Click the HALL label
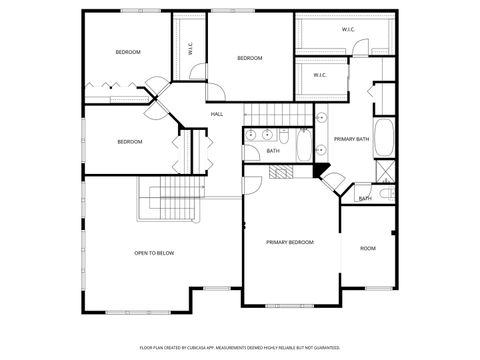(217, 114)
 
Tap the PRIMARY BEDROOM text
(289, 242)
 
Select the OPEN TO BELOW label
(154, 253)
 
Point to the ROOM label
(368, 248)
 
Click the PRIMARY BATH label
(353, 139)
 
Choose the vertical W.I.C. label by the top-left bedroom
(190, 46)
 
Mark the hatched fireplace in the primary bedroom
(280, 172)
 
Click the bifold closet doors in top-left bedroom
(104, 87)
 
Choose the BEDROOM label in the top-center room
(249, 58)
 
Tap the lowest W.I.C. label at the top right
(320, 75)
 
